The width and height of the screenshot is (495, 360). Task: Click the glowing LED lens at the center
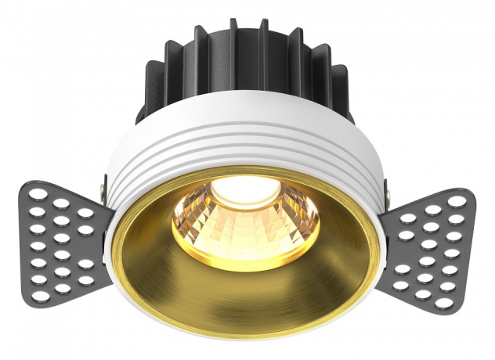pos(246,190)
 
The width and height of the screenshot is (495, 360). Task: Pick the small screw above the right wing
pos(386,189)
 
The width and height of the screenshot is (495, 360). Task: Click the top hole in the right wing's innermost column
pos(413,220)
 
